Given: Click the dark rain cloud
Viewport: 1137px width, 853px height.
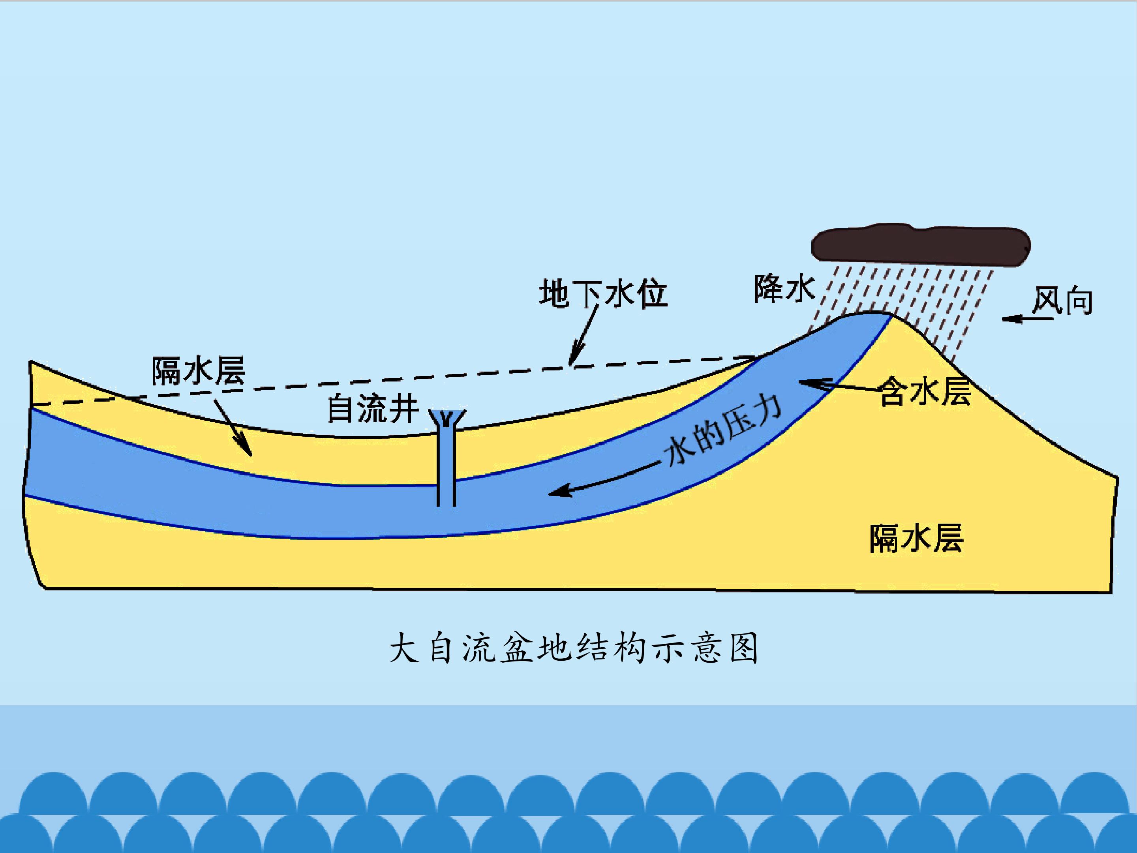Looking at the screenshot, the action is (920, 245).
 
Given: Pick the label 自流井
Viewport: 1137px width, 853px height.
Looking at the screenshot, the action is (373, 409).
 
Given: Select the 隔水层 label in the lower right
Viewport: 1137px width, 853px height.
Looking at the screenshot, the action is (916, 538).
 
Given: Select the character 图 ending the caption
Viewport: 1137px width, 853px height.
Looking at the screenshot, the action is (744, 648).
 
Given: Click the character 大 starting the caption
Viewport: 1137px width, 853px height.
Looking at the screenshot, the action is (404, 648).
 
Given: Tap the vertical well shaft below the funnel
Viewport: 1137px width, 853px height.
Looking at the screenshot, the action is (446, 468).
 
